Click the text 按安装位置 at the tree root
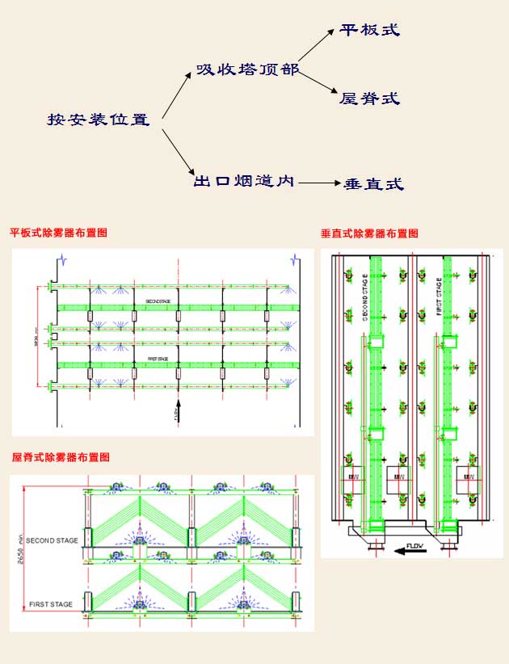pyautogui.click(x=99, y=120)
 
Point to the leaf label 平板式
pyautogui.click(x=371, y=31)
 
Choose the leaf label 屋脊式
pyautogui.click(x=370, y=99)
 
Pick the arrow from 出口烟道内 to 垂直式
pyautogui.click(x=318, y=183)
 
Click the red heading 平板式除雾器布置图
pyautogui.click(x=58, y=233)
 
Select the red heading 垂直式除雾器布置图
pyautogui.click(x=369, y=233)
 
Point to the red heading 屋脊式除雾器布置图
pyautogui.click(x=61, y=457)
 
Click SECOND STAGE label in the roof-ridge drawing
pyautogui.click(x=52, y=540)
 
